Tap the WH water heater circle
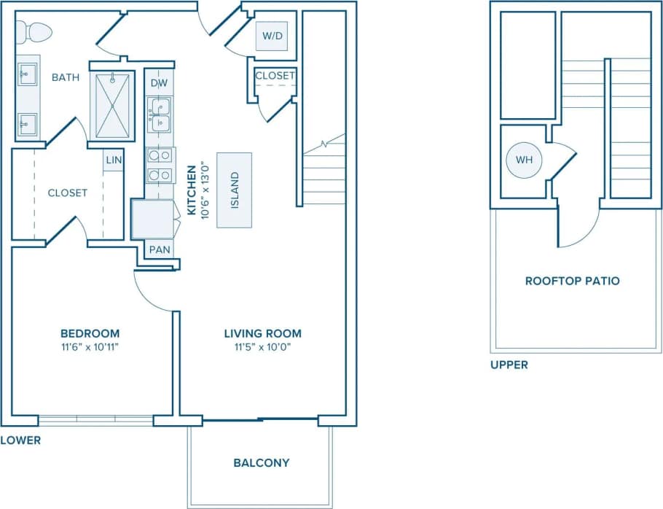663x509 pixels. [x=525, y=159]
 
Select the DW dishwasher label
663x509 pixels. [x=159, y=83]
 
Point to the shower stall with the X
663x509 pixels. [x=112, y=106]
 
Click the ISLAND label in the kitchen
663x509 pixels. [x=235, y=190]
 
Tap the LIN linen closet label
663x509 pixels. [x=113, y=160]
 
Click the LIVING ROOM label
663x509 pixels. [x=262, y=333]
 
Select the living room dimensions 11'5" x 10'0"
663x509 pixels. [x=262, y=347]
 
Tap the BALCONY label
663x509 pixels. [x=262, y=462]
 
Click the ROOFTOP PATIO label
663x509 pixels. [x=573, y=281]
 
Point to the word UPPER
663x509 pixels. [x=509, y=365]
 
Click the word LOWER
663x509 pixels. [x=20, y=440]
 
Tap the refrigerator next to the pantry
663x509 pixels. [x=152, y=219]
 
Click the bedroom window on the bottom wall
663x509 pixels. [x=95, y=420]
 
